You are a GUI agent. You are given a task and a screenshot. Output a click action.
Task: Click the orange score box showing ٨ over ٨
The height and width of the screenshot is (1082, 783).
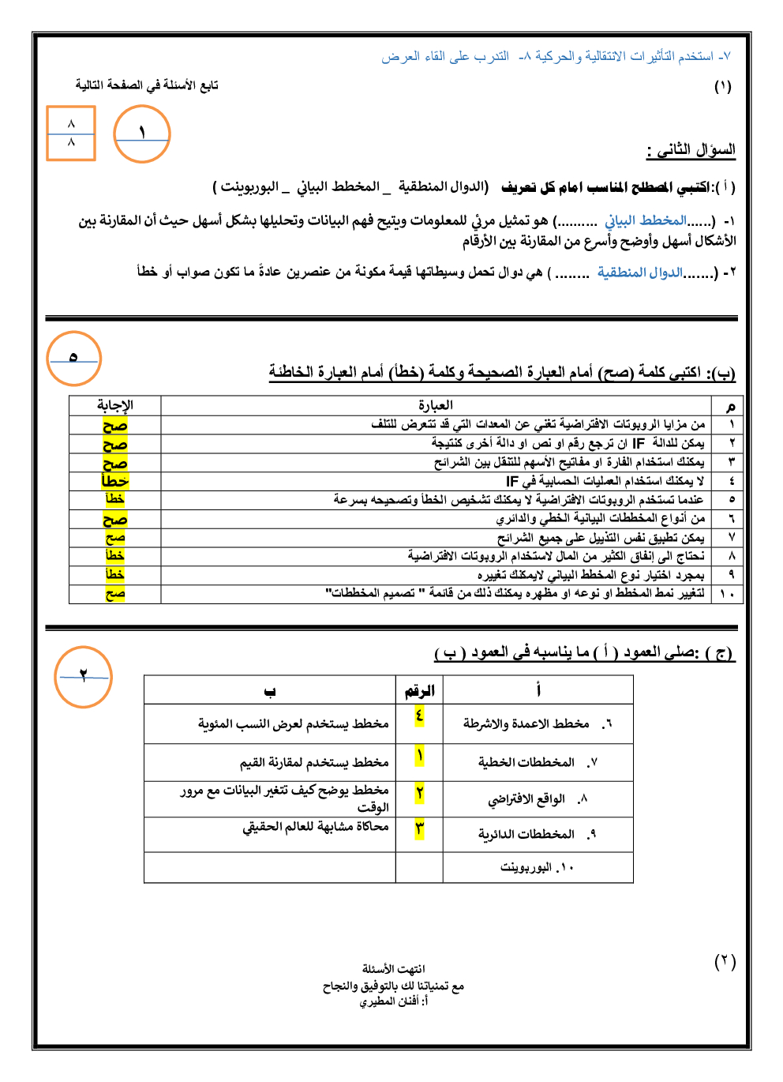pos(71,133)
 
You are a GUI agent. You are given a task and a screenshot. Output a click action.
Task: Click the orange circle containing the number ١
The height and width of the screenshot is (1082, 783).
pos(142,134)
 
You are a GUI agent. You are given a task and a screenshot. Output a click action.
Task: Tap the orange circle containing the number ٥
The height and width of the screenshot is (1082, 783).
pos(74,359)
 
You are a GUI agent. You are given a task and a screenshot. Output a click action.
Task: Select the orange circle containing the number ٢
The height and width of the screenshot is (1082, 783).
pos(84,677)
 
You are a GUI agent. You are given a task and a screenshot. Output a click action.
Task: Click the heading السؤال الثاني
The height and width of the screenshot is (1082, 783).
pos(691,149)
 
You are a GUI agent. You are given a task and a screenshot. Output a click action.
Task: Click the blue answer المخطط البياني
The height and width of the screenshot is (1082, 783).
pos(646,220)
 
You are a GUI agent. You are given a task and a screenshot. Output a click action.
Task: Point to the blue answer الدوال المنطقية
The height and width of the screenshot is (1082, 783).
pos(640,272)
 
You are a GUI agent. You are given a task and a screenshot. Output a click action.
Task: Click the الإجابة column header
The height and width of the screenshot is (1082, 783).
pos(115,405)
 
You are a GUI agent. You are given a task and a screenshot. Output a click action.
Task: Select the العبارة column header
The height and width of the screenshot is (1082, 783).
pos(436,405)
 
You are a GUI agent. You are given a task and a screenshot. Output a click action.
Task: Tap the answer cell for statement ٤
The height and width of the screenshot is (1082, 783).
pos(115,481)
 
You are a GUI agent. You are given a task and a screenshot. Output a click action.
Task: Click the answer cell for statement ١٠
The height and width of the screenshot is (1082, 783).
pos(115,594)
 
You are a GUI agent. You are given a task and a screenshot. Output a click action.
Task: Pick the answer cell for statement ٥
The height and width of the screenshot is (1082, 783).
pos(115,499)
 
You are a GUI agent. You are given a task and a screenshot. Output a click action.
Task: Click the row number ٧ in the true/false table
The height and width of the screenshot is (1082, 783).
pos(732,538)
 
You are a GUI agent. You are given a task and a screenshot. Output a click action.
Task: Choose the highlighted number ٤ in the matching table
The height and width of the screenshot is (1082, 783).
pos(419,716)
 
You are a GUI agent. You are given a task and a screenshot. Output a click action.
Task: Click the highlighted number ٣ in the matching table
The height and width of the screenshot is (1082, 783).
pos(419,828)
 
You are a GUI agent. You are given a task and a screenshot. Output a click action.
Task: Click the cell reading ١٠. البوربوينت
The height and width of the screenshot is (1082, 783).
pos(537,867)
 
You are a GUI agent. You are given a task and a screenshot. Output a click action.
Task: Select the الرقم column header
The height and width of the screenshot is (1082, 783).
pos(419,691)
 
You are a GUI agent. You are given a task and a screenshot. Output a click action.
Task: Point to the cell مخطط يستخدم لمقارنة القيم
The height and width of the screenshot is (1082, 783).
pos(314,762)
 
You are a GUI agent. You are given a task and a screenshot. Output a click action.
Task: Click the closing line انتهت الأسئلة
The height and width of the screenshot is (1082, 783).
pos(393,968)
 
